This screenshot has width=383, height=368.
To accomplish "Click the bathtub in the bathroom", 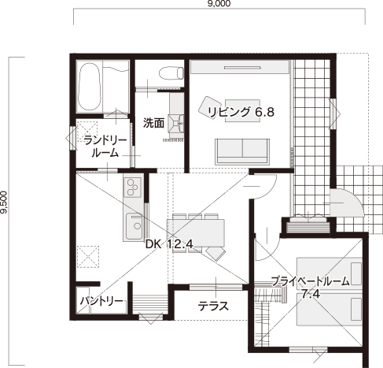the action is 89,87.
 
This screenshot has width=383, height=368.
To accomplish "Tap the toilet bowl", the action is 171,72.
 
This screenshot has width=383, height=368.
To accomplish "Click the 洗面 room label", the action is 153,123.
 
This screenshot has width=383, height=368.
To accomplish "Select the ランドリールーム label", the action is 105,147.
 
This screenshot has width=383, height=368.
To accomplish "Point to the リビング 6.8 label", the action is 241,112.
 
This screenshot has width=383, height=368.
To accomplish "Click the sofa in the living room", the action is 242,151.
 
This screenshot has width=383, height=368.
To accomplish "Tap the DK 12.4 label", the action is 169,244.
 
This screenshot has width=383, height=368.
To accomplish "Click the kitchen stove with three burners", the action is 133,188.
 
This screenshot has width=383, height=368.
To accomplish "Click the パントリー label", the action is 101,301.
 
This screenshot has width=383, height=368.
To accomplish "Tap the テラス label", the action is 213,307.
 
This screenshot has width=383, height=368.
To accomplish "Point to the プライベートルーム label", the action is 311,281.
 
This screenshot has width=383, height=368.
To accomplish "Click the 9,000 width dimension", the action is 219,3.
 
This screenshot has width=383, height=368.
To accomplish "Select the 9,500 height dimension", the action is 4,203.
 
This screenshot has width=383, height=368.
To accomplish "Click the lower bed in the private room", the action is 330,310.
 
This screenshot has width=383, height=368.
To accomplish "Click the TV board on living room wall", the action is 240,67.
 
